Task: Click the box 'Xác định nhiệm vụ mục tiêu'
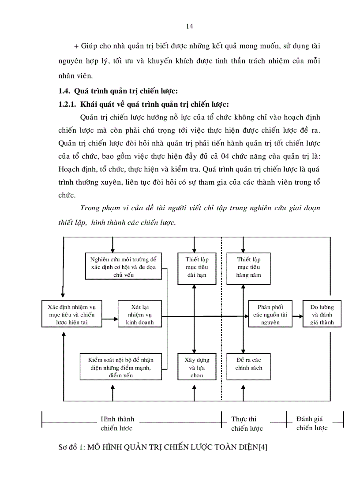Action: click(x=71, y=314)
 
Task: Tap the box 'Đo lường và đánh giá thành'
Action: click(x=322, y=314)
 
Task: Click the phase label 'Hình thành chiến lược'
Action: click(x=117, y=423)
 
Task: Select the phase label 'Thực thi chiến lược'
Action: click(x=247, y=424)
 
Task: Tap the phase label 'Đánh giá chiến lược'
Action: click(x=311, y=423)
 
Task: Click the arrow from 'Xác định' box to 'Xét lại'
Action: click(x=110, y=316)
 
